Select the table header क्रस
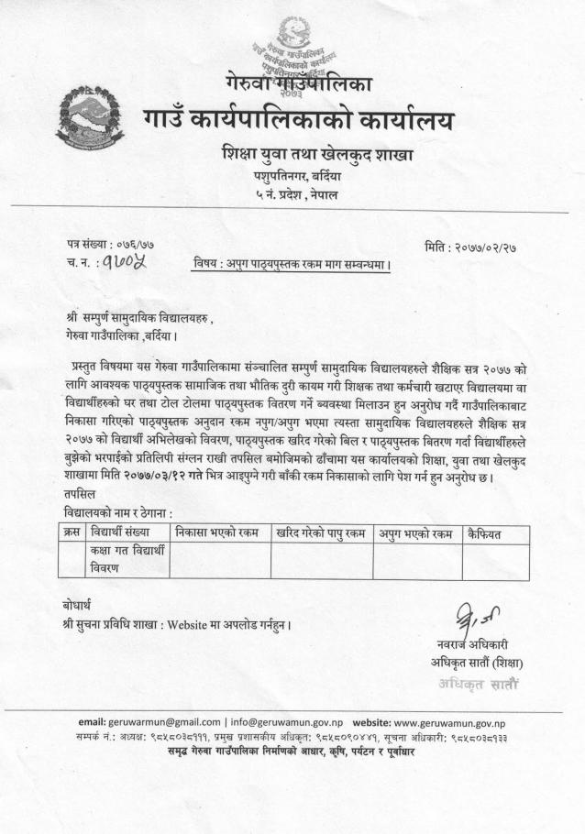pyautogui.click(x=71, y=532)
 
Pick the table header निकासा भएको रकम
pyautogui.click(x=217, y=532)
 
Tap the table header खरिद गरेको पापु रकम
pyautogui.click(x=320, y=532)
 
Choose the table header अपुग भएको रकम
pyautogui.click(x=415, y=532)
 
